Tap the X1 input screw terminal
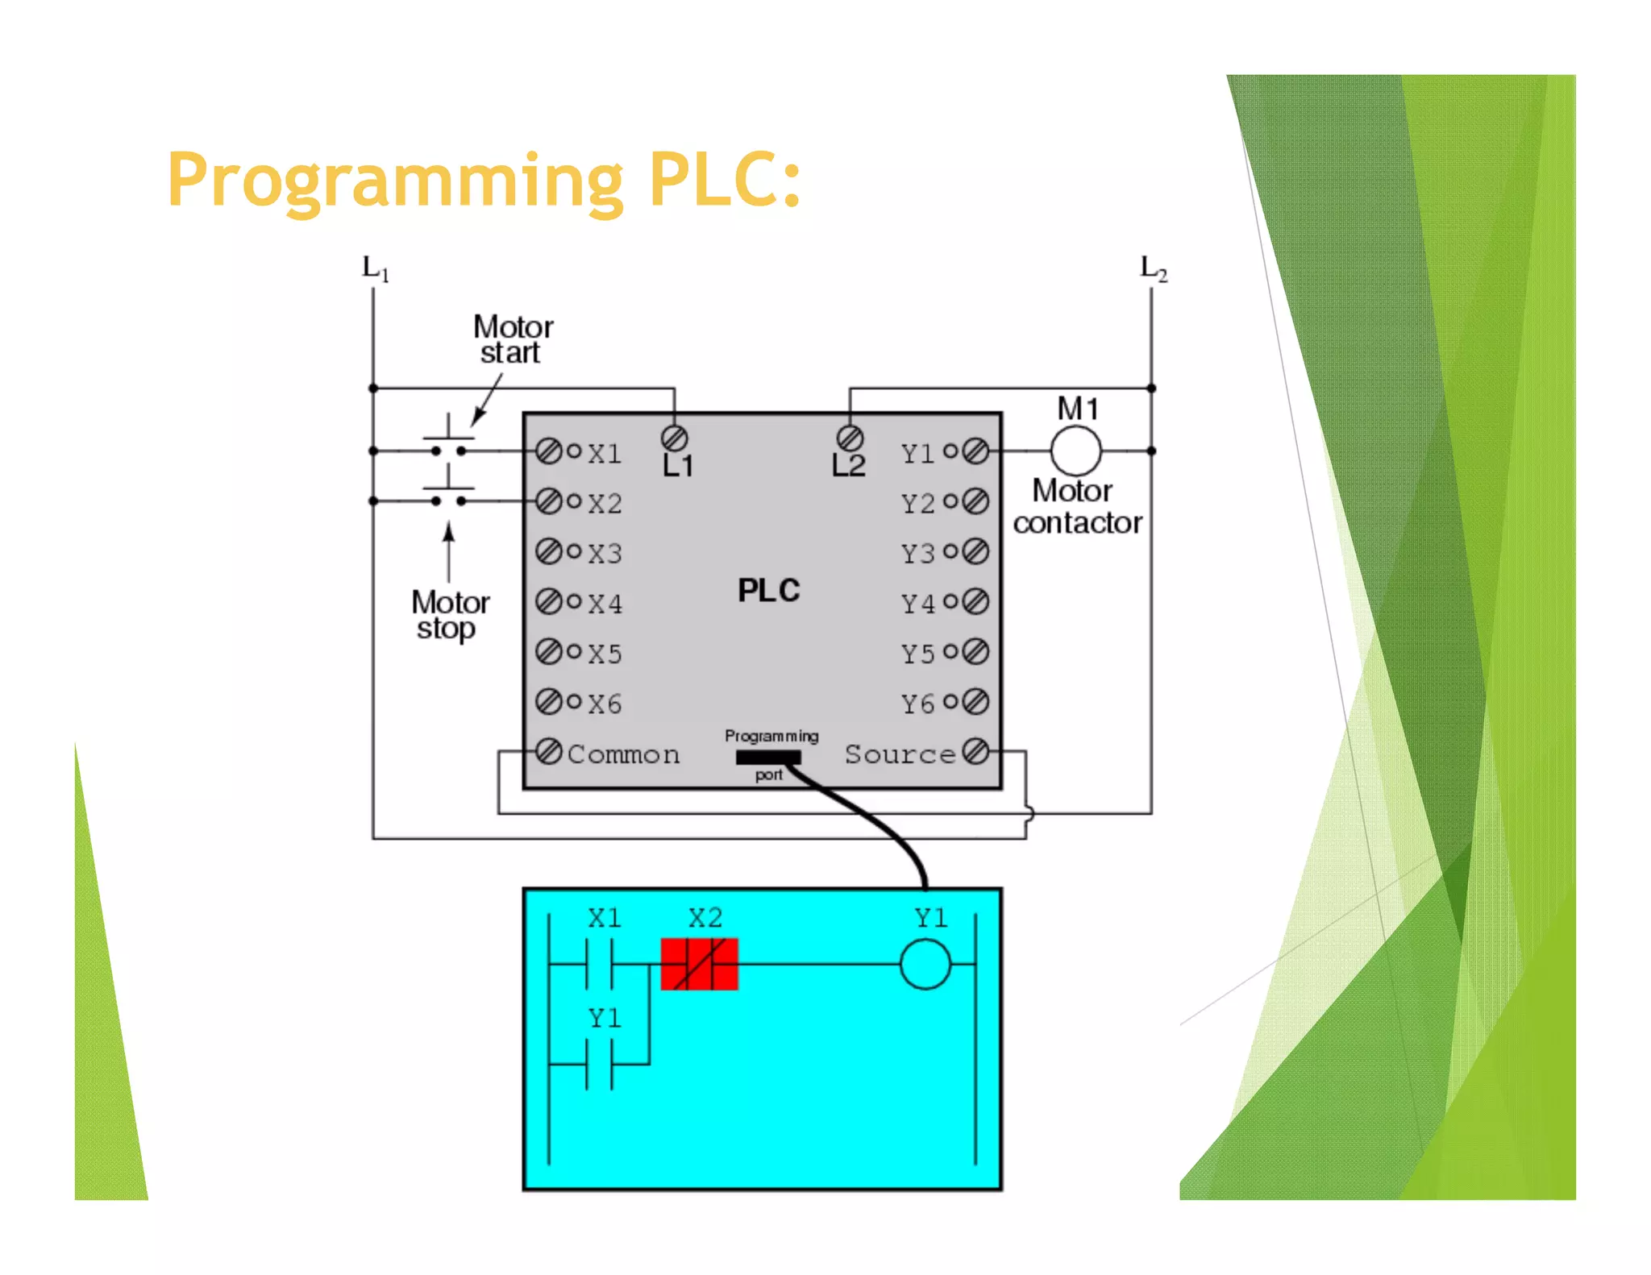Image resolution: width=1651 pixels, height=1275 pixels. click(549, 451)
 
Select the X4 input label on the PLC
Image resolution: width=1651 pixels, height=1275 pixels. click(605, 604)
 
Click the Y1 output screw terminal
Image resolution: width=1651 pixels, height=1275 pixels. click(975, 451)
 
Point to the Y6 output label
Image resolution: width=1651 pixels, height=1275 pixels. click(918, 704)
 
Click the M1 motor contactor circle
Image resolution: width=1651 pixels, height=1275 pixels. click(1075, 451)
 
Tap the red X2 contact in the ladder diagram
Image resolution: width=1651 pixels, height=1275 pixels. click(699, 964)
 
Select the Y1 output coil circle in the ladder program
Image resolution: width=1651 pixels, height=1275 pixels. click(925, 964)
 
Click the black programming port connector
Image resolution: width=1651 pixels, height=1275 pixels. click(768, 757)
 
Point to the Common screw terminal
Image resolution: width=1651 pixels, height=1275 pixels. click(549, 751)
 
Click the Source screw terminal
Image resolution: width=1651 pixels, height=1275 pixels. click(975, 751)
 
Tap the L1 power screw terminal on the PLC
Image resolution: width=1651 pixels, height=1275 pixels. click(674, 438)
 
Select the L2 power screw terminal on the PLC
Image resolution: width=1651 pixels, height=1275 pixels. click(850, 438)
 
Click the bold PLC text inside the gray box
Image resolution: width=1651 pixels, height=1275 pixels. click(768, 591)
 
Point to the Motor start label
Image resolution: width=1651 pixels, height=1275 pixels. click(513, 339)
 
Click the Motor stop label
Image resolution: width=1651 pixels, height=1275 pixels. click(450, 615)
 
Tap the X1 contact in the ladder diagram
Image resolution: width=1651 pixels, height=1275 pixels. click(599, 964)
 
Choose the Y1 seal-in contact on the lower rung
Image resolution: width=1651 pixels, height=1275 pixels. click(599, 1065)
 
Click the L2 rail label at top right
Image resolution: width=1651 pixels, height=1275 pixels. click(1153, 268)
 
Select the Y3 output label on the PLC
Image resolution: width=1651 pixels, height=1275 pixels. click(918, 554)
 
